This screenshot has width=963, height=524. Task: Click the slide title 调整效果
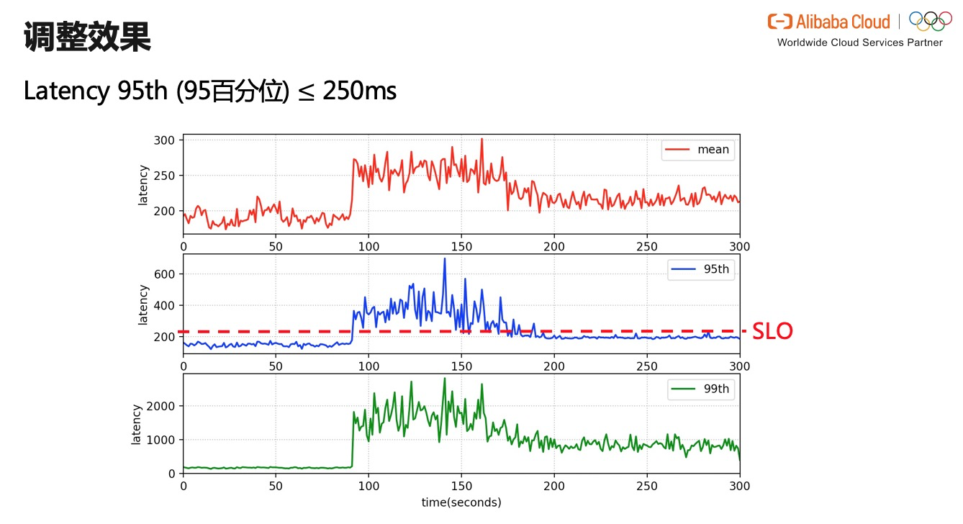tap(87, 37)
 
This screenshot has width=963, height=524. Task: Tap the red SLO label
tap(772, 332)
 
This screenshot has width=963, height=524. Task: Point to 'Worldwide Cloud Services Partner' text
tap(859, 43)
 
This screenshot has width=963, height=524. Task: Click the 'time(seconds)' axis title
tap(461, 502)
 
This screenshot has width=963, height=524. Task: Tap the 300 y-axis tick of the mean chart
tap(164, 140)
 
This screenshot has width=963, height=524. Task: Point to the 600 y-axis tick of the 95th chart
tap(164, 274)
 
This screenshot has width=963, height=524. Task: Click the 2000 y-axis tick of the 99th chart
tap(160, 406)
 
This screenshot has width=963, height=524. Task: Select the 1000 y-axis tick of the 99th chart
tap(160, 440)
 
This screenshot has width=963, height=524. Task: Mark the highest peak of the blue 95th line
tap(444, 258)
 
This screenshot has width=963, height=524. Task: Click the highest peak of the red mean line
tap(481, 139)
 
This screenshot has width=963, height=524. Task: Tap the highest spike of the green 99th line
tap(444, 379)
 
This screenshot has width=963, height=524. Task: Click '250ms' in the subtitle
tap(359, 91)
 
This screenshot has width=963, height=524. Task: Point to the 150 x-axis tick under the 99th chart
tap(461, 486)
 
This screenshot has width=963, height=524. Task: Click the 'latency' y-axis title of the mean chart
tap(143, 185)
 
